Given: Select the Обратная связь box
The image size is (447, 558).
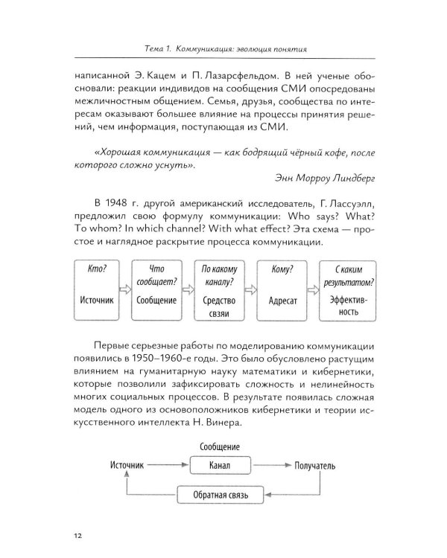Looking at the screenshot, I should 221,494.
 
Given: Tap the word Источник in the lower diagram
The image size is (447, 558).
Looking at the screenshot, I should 121,466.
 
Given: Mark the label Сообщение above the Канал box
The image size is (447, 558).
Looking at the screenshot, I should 220,446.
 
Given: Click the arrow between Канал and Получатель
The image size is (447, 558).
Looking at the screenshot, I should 271,466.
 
